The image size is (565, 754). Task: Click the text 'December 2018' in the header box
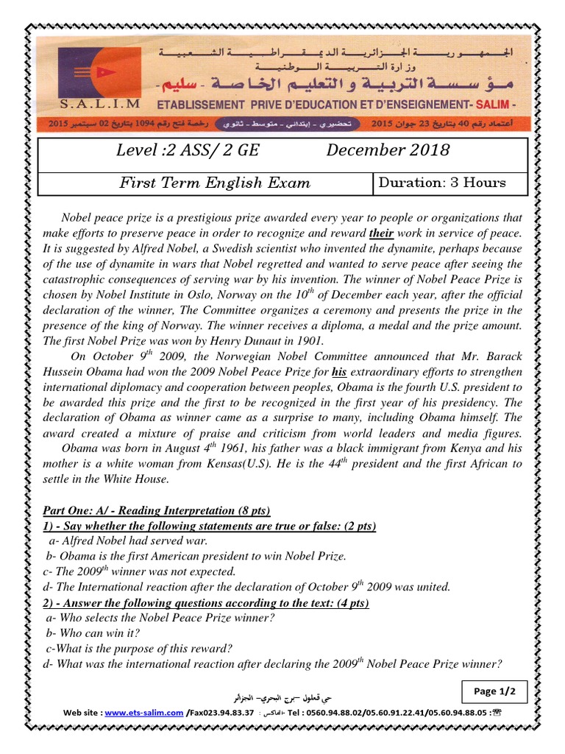click(388, 150)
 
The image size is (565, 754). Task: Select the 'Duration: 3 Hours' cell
click(441, 183)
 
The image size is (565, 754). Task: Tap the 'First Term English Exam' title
click(214, 183)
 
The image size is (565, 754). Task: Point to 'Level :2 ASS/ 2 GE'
click(188, 150)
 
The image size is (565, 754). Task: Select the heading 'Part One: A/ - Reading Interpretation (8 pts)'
click(156, 510)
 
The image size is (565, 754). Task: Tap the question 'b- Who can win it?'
click(93, 633)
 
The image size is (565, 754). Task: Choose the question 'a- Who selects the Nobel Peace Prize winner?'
click(160, 618)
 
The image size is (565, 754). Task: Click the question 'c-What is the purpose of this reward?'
click(138, 648)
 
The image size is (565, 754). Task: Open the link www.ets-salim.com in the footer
click(143, 713)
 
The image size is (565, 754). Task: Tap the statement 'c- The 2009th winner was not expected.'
click(140, 571)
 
